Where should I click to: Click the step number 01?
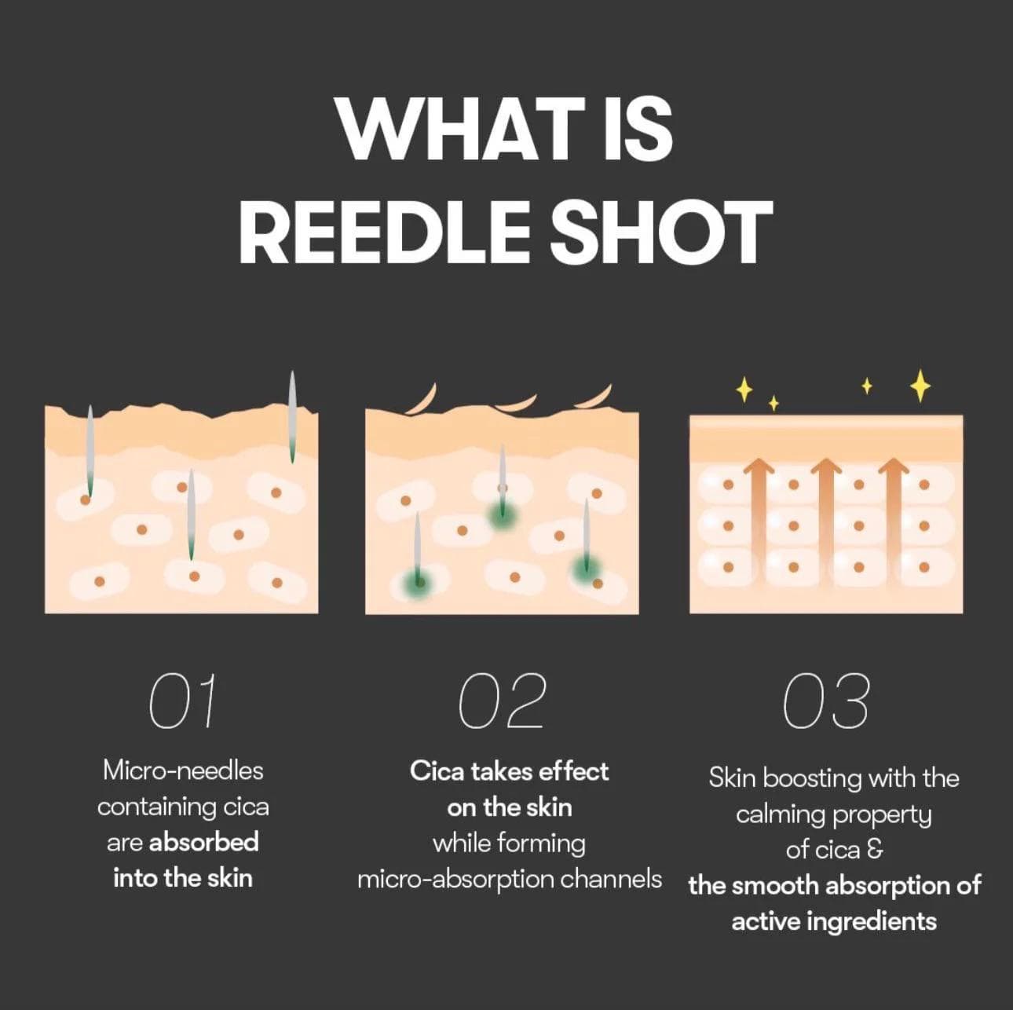[182, 701]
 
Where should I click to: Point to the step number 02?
[502, 701]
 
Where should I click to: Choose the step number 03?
[826, 702]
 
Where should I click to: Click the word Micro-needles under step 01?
[183, 770]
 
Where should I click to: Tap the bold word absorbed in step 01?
[203, 842]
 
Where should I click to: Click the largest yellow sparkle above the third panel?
[920, 386]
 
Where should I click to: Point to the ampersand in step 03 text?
[875, 850]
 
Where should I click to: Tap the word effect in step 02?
[574, 771]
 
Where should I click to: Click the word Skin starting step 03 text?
[732, 778]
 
